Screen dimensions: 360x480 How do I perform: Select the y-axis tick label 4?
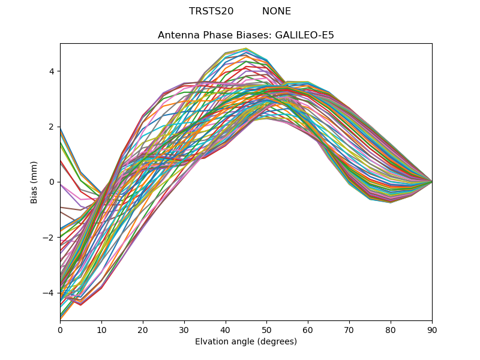pos(52,71)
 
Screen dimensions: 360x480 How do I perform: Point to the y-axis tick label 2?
pos(52,127)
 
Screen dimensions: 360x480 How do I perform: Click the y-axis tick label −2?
pos(49,238)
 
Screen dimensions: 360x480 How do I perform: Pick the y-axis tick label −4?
pos(49,293)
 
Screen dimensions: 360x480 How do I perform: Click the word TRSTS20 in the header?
pos(211,11)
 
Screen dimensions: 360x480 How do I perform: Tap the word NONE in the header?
pos(277,11)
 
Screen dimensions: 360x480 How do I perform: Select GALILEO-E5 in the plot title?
pos(304,35)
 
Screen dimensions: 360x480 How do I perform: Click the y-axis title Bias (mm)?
pos(35,182)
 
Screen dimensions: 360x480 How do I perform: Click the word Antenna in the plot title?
pos(176,35)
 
